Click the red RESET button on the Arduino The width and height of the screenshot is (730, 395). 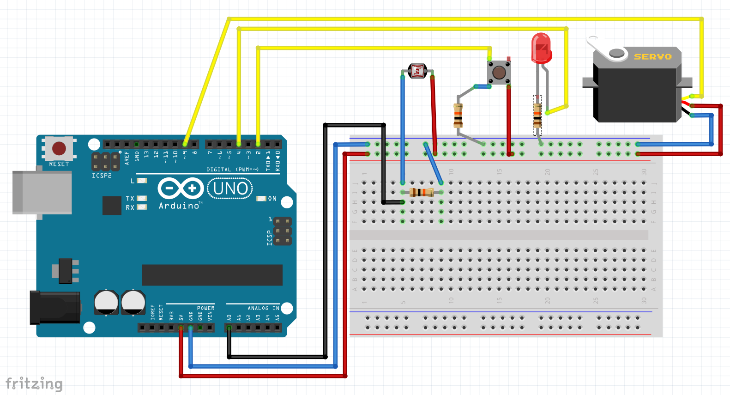pyautogui.click(x=59, y=148)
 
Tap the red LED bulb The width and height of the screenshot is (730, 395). pyautogui.click(x=541, y=48)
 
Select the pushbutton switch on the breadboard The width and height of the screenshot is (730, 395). pyautogui.click(x=499, y=72)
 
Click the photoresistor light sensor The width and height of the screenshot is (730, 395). pyautogui.click(x=417, y=71)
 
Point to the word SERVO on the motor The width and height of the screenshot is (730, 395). pyautogui.click(x=652, y=57)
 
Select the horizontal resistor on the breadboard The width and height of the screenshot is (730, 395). pyautogui.click(x=422, y=193)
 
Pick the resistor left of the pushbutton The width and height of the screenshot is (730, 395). pyautogui.click(x=458, y=115)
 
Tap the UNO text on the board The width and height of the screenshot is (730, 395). pyautogui.click(x=230, y=189)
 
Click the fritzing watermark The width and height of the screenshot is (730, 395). pyautogui.click(x=34, y=383)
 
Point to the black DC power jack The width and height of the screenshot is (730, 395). pyautogui.click(x=55, y=307)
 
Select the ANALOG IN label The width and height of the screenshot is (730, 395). pyautogui.click(x=263, y=308)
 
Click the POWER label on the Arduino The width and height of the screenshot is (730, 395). pyautogui.click(x=205, y=308)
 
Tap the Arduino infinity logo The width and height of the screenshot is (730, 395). pyautogui.click(x=181, y=188)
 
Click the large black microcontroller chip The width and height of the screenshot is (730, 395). pyautogui.click(x=212, y=275)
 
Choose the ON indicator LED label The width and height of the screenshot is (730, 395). pyautogui.click(x=272, y=199)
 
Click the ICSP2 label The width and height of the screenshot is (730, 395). pyautogui.click(x=102, y=176)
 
